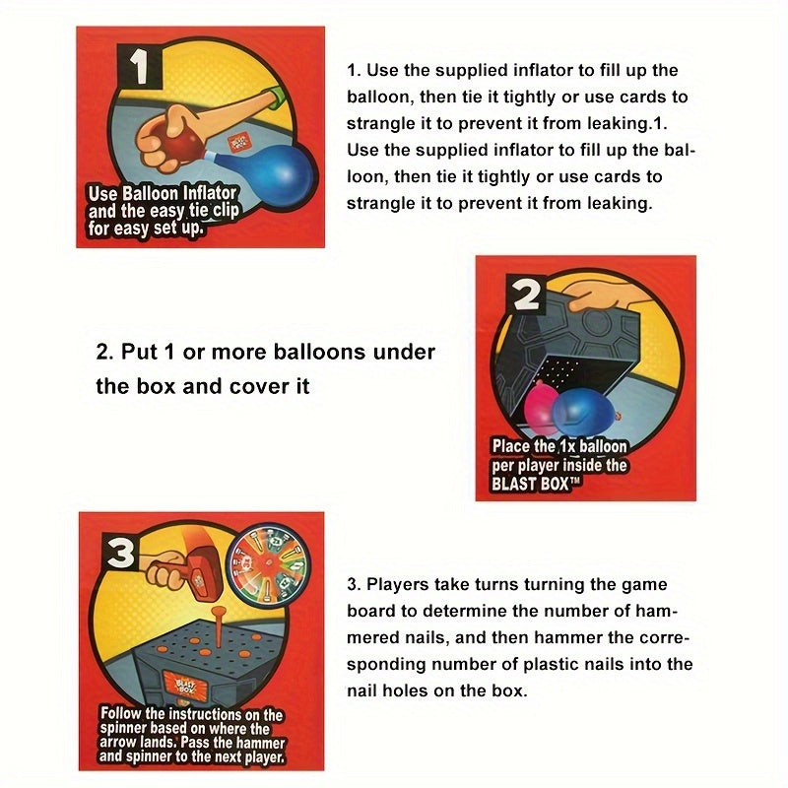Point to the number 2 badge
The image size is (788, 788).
click(x=527, y=294)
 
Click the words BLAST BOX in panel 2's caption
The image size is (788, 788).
click(x=532, y=484)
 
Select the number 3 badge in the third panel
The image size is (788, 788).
click(x=120, y=555)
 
